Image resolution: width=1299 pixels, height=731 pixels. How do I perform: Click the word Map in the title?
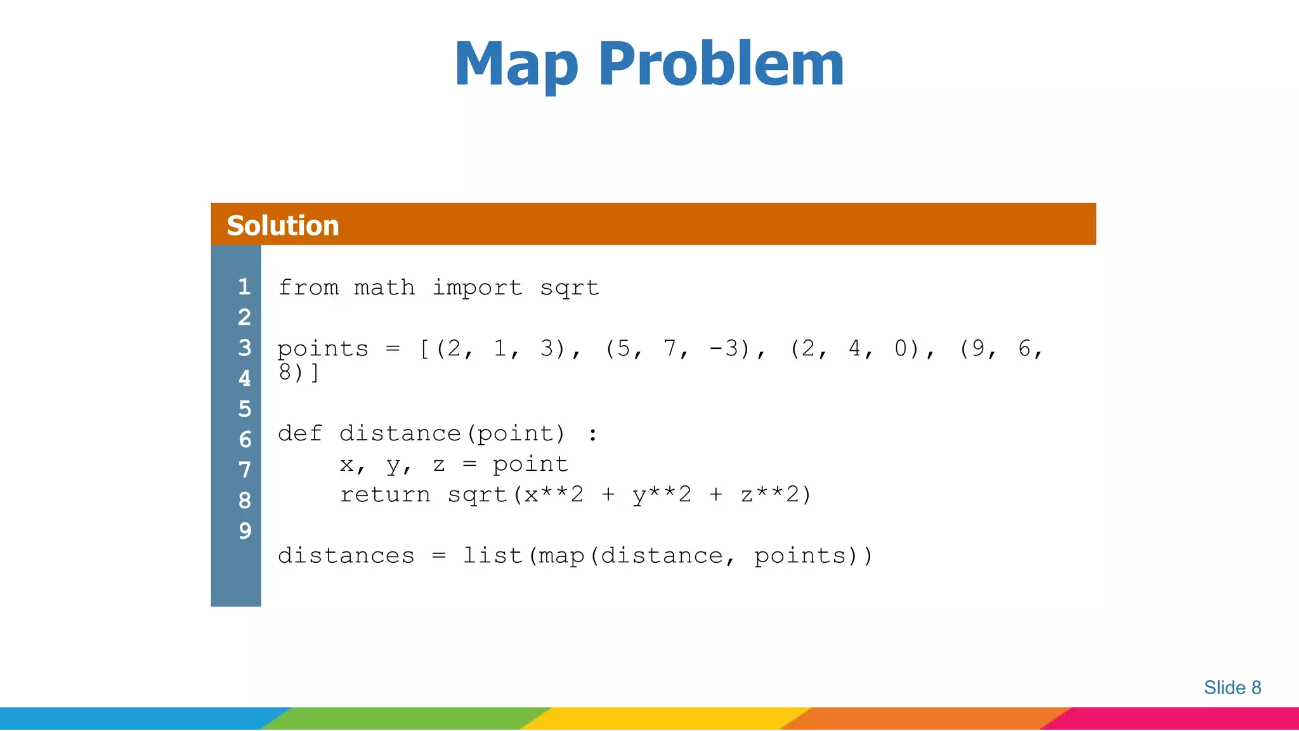click(516, 65)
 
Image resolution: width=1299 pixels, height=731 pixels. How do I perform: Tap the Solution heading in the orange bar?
click(283, 225)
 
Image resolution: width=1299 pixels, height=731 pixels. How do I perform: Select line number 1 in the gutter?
click(244, 287)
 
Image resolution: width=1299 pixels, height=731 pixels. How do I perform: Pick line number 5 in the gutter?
click(244, 409)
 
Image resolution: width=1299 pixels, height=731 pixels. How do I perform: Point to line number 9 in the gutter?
click(244, 530)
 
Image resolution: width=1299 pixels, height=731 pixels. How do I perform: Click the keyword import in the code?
click(477, 287)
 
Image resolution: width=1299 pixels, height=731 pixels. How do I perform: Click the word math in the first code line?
click(384, 287)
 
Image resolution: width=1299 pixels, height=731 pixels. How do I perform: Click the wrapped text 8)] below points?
click(298, 372)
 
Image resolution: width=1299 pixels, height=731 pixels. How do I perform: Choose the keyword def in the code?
click(300, 433)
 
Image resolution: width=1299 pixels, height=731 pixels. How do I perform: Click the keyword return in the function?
click(384, 494)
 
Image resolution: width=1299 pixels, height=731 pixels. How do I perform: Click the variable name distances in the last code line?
click(346, 556)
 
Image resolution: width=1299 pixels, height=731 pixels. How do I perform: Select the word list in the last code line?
click(492, 556)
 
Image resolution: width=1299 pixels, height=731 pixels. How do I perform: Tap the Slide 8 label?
click(1232, 687)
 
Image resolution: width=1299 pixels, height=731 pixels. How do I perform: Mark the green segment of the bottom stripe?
click(406, 718)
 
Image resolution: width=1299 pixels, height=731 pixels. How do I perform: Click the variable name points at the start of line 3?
click(322, 348)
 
